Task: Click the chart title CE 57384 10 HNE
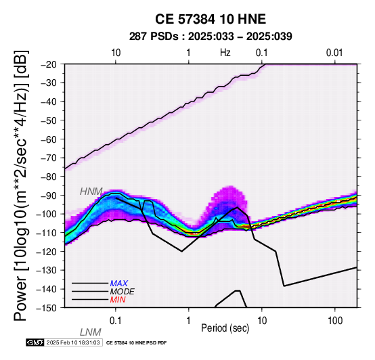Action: tap(211, 19)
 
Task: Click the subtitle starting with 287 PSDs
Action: tap(211, 37)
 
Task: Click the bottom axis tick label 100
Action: tap(335, 321)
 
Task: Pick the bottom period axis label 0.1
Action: tap(115, 321)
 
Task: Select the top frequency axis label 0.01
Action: tap(334, 53)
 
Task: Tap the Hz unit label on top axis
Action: tap(225, 53)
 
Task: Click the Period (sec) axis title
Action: tap(225, 328)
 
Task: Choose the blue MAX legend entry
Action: tap(119, 284)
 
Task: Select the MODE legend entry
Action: tap(123, 292)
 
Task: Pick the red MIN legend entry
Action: tap(118, 300)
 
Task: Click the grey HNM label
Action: tap(91, 192)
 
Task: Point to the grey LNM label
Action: tap(91, 332)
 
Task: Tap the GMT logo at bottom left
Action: tap(35, 342)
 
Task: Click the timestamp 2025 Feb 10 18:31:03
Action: tap(73, 342)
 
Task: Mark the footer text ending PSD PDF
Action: tap(136, 343)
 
